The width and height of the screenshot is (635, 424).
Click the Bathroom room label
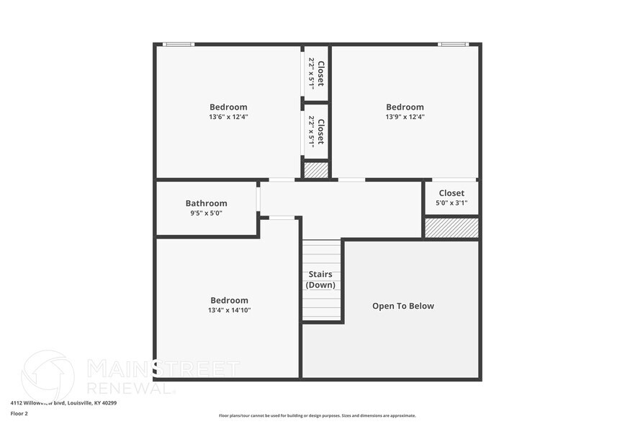pos(206,203)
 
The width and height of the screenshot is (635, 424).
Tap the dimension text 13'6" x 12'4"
pos(228,117)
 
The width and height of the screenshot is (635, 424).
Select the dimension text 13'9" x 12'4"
pos(405,117)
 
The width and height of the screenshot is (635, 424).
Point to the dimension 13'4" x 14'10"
pos(230,310)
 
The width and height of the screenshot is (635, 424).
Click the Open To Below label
pos(403,306)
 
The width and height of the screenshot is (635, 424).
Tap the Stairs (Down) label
pos(320,280)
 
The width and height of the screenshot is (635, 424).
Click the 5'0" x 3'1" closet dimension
pos(451,203)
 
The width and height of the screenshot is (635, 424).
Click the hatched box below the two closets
pos(315,170)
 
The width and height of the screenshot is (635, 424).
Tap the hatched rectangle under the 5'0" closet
pos(451,228)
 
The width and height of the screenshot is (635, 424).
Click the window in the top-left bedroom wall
pos(178,45)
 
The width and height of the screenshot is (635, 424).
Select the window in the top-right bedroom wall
pos(454,45)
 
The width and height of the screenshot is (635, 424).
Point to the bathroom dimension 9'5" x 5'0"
pos(206,213)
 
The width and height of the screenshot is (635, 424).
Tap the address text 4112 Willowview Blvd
pos(63,403)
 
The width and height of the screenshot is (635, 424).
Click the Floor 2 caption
pos(19,414)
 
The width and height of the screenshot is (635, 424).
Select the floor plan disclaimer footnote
pos(317,415)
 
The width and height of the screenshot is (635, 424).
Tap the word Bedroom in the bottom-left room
pos(229,300)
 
